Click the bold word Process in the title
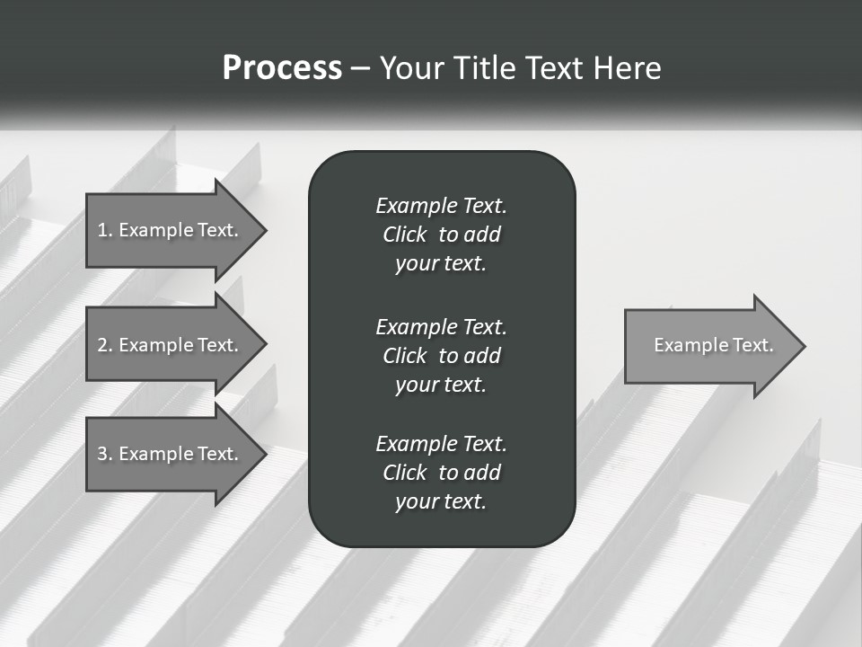coord(282,67)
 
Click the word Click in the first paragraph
coord(404,235)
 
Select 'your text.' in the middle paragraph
coord(441,385)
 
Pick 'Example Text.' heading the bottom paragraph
coord(441,444)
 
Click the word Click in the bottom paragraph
coord(404,473)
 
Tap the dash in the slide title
coord(360,68)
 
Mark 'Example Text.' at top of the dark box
coord(441,206)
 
